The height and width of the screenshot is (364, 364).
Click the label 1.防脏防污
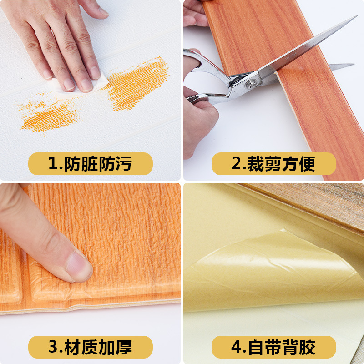[91, 164]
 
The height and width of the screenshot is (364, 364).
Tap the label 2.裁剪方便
[273, 164]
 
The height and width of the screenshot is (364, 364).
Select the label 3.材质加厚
[91, 347]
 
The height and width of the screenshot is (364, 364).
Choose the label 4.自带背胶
[273, 347]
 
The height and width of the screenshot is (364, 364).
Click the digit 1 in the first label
[53, 164]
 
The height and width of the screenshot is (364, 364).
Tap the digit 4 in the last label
[236, 347]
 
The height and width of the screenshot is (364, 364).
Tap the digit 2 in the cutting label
[236, 164]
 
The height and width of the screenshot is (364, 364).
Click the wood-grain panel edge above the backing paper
[309, 200]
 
